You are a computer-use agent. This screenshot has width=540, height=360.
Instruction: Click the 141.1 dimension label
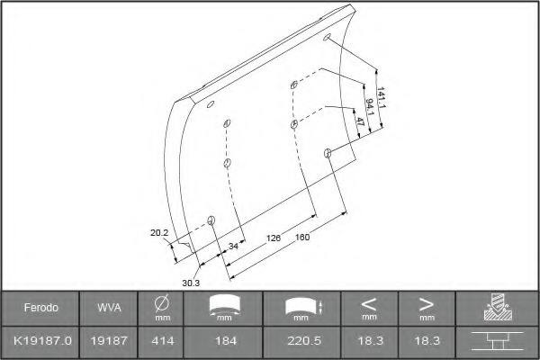pyautogui.click(x=382, y=97)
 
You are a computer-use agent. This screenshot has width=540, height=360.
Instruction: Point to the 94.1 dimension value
pyautogui.click(x=370, y=107)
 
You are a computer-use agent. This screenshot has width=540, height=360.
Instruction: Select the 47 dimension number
pyautogui.click(x=360, y=121)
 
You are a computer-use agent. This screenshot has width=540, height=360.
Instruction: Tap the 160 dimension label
pyautogui.click(x=302, y=237)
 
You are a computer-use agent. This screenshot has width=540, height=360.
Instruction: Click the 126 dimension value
pyautogui.click(x=274, y=238)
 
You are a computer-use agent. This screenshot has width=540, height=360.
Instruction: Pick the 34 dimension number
pyautogui.click(x=233, y=246)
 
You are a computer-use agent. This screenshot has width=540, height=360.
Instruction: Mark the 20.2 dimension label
pyautogui.click(x=159, y=233)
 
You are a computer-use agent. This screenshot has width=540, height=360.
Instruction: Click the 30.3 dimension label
pyautogui.click(x=191, y=283)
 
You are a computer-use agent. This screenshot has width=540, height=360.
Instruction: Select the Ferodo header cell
pyautogui.click(x=41, y=307)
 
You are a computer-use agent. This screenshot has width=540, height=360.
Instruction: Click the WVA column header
pyautogui.click(x=109, y=307)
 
